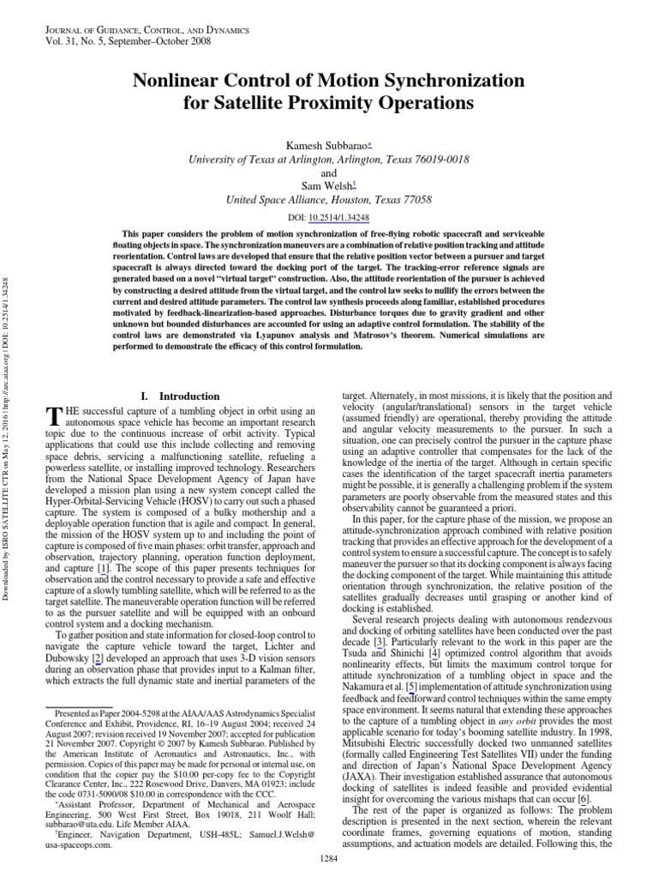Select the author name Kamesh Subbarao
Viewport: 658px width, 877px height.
pyautogui.click(x=326, y=143)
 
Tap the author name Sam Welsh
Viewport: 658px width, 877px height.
pyautogui.click(x=326, y=184)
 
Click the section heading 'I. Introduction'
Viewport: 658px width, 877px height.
pyautogui.click(x=180, y=397)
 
